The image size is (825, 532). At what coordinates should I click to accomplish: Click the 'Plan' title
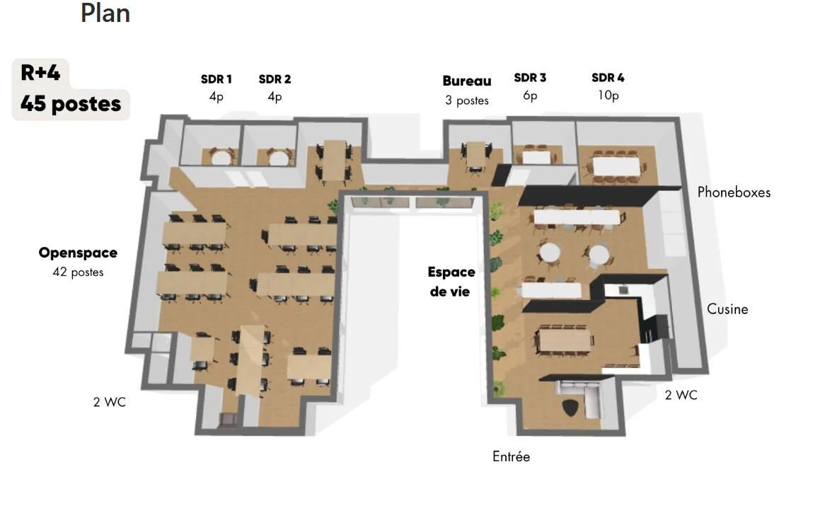[x=105, y=13]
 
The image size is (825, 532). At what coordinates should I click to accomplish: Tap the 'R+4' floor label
[x=40, y=73]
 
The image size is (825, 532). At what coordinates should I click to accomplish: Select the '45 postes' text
[x=71, y=104]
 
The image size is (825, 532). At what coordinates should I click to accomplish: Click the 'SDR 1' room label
[x=217, y=79]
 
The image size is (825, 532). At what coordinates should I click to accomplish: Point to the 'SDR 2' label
[x=275, y=79]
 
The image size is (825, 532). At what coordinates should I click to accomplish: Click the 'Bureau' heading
[x=467, y=81]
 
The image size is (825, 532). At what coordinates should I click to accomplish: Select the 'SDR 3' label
[x=530, y=77]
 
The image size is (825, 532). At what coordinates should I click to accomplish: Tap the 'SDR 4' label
[x=608, y=77]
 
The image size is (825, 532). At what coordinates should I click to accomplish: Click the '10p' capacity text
[x=608, y=96]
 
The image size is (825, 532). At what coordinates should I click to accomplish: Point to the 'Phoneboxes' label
[x=734, y=192]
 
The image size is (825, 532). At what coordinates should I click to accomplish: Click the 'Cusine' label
[x=727, y=309]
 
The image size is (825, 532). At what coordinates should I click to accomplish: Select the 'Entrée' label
[x=511, y=457]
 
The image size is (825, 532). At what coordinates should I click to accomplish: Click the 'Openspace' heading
[x=78, y=253]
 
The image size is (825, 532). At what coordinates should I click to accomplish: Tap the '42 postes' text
[x=78, y=272]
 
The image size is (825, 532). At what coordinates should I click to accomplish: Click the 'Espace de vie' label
[x=451, y=282]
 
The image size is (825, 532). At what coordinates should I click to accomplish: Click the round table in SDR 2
[x=277, y=157]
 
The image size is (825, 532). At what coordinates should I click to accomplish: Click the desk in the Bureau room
[x=475, y=153]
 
